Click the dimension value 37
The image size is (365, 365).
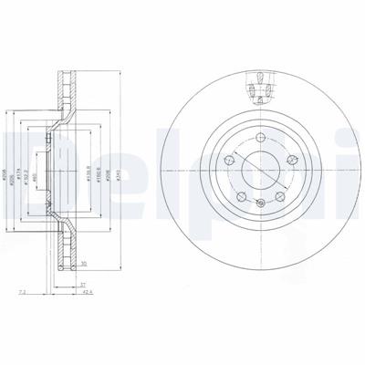coord(81,284)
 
